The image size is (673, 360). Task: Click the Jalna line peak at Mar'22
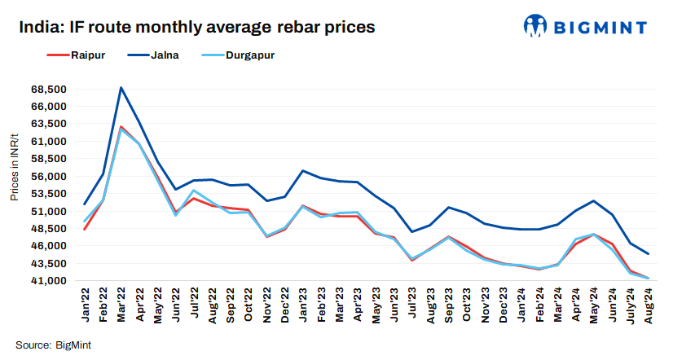(121, 87)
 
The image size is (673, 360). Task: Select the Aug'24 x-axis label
(649, 308)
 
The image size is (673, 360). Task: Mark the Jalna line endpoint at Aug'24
(648, 254)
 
